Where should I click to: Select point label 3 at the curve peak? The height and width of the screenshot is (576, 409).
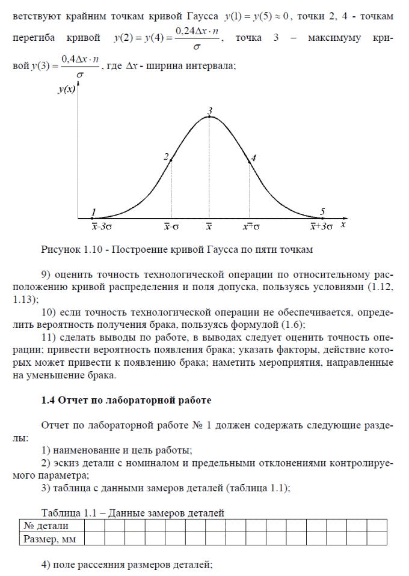(x=210, y=111)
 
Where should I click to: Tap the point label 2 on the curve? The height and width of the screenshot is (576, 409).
(x=165, y=156)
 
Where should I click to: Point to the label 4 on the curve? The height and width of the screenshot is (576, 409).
(x=254, y=158)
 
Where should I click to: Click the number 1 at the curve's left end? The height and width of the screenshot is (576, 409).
(x=93, y=212)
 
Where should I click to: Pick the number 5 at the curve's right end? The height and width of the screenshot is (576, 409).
(x=323, y=211)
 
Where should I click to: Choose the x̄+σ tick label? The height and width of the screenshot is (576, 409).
(x=251, y=227)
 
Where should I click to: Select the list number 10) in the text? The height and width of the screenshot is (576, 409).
(x=48, y=314)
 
